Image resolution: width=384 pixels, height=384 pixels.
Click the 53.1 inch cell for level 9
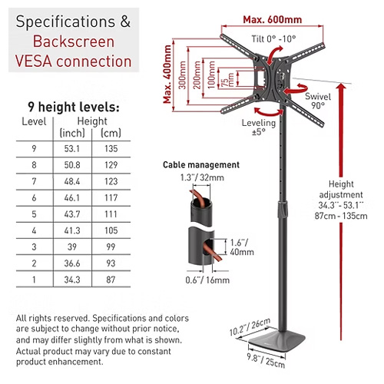click(72, 149)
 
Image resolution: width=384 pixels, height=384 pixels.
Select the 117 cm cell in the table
click(111, 198)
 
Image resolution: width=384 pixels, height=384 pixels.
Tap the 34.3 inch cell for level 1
click(72, 280)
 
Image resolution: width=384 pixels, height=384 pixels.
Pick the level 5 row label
click(34, 214)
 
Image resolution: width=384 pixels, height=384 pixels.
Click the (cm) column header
click(111, 133)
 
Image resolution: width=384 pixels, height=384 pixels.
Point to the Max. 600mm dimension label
click(273, 20)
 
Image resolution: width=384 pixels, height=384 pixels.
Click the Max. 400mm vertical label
click(167, 74)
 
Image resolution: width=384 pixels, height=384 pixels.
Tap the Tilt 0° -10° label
click(273, 39)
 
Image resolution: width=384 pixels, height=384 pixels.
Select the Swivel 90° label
click(318, 101)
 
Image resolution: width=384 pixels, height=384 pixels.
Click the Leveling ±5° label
click(259, 127)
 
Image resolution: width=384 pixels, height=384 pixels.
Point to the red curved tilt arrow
click(274, 55)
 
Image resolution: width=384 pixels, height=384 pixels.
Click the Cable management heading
click(201, 165)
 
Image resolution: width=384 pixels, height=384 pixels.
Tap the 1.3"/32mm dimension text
click(202, 177)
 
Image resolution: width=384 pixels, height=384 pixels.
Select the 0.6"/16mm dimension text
click(207, 280)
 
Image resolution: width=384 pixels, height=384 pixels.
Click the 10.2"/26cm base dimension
click(250, 326)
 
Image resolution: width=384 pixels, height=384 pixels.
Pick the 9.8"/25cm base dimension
click(266, 360)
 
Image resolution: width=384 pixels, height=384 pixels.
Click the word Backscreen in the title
click(74, 41)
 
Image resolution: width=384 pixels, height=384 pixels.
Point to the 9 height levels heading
click(74, 107)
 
